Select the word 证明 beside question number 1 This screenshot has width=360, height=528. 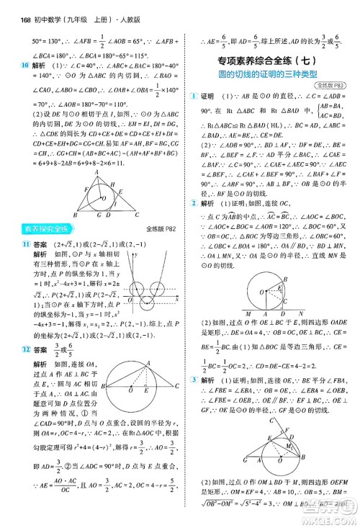click(209, 97)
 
